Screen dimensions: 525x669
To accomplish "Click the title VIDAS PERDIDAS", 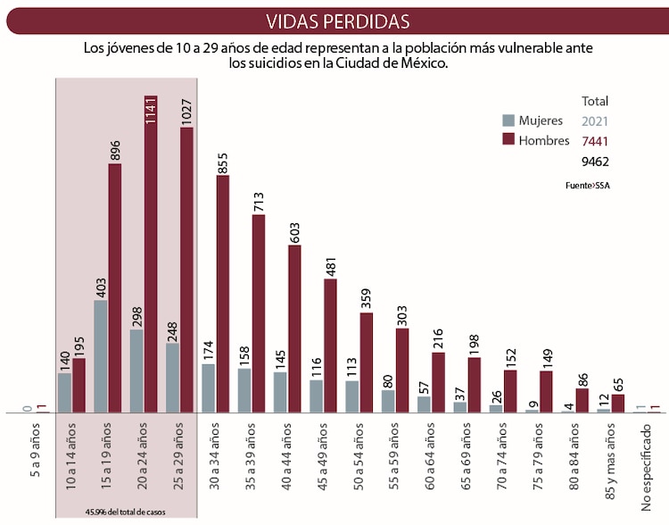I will point(338,21).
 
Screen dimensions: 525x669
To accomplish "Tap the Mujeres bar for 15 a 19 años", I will point(101,356).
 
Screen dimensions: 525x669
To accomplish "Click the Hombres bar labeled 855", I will point(222,294).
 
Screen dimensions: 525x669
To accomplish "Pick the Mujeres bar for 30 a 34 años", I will point(208,388).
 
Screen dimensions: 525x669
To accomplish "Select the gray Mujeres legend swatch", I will point(508,121).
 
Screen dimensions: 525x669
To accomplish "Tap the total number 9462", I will point(595,162).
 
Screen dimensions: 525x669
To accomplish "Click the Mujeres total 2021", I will point(595,121).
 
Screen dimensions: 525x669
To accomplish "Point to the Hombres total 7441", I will point(595,141).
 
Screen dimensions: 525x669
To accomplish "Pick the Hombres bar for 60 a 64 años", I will point(438,382).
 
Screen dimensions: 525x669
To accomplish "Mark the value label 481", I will point(330,262).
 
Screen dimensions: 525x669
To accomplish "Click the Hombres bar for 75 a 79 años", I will point(546,392).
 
